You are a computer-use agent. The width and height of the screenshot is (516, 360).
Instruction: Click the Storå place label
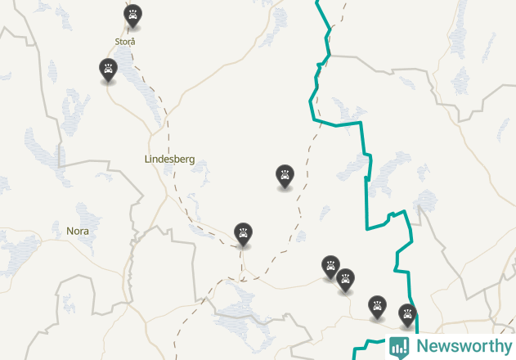click(125, 41)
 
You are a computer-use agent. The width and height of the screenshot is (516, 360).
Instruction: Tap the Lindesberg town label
click(169, 160)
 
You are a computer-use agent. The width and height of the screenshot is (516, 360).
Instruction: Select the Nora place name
click(77, 232)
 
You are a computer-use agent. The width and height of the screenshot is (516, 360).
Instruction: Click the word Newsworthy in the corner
click(464, 346)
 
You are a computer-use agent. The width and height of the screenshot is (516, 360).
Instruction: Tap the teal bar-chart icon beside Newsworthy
click(399, 347)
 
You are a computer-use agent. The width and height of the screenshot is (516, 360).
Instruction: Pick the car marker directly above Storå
click(132, 16)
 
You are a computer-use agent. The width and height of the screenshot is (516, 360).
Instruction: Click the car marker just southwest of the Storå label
click(107, 70)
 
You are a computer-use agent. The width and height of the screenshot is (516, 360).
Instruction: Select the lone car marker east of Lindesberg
click(284, 175)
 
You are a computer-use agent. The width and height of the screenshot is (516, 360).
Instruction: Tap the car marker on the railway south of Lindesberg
click(243, 234)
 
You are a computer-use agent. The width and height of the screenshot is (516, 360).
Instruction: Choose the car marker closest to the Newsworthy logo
click(407, 314)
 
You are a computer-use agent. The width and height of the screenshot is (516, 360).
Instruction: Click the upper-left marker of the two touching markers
click(330, 266)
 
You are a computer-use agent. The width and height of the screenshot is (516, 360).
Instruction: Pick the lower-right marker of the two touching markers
click(346, 280)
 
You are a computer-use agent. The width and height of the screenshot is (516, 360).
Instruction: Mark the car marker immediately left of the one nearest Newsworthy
click(377, 306)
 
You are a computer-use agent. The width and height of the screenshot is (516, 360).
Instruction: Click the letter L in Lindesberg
click(146, 160)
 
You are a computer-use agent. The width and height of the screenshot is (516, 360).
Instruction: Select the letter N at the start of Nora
click(70, 232)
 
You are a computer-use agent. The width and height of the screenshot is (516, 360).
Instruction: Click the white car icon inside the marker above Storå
click(132, 14)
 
